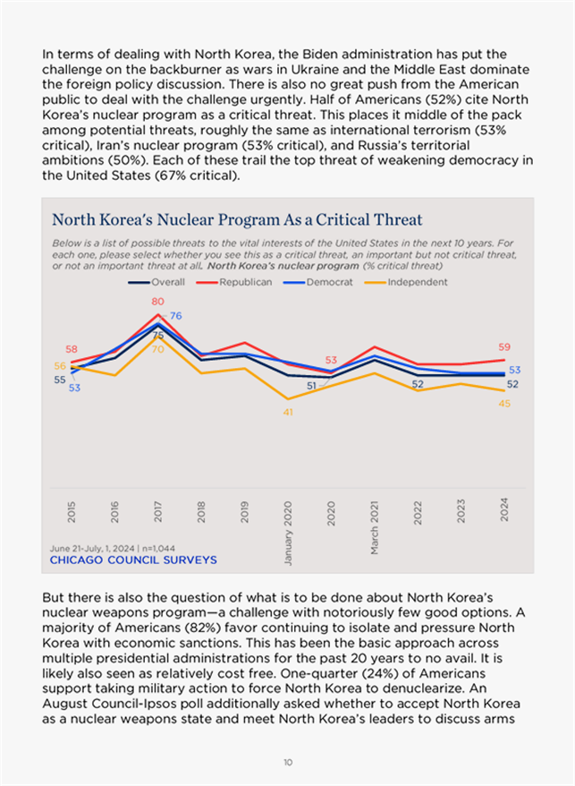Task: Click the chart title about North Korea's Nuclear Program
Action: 237,220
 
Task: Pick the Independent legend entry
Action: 417,282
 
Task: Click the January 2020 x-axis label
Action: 288,527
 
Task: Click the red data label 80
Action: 157,302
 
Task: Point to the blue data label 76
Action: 176,316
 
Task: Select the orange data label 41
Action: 288,412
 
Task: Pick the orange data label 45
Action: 503,403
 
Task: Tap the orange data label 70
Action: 157,349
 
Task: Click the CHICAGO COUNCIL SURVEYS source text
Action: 132,560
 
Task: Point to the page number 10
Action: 287,762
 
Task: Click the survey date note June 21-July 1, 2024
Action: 114,547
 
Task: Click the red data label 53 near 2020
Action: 331,360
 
